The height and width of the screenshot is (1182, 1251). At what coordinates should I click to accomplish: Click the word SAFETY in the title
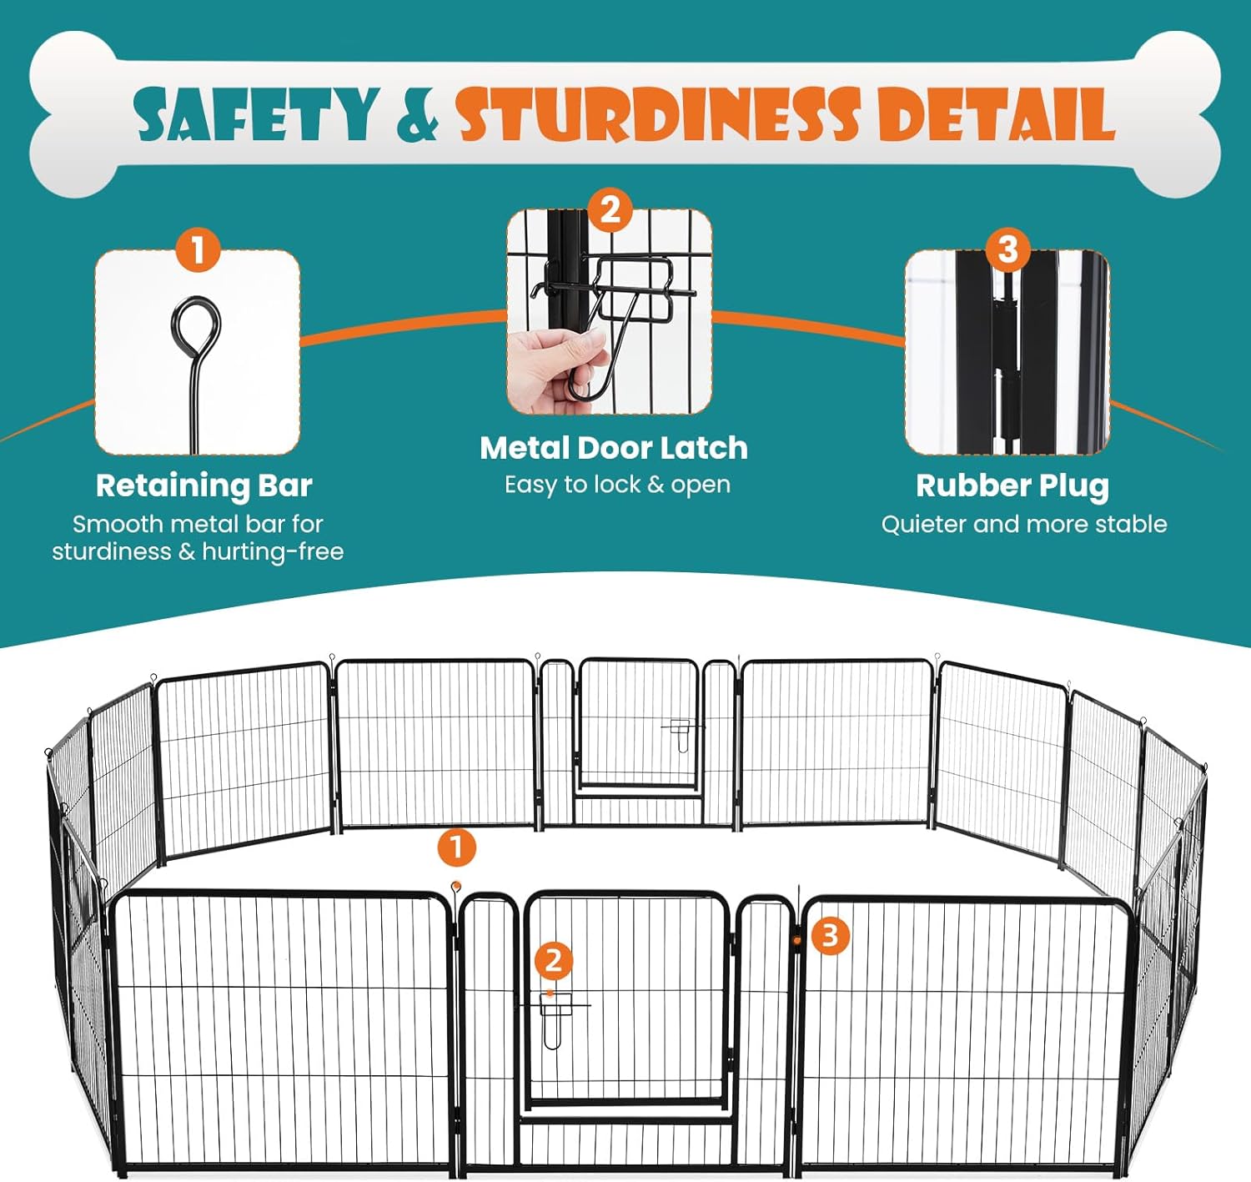tap(257, 113)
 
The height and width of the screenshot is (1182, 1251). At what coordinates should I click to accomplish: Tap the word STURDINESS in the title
tap(658, 113)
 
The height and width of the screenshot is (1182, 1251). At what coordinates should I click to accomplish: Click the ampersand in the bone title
tap(418, 114)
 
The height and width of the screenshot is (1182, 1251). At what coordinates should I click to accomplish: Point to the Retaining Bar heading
tap(204, 485)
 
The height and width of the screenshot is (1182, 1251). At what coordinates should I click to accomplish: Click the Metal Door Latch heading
tap(614, 448)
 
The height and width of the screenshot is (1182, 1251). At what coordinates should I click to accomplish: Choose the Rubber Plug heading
tap(1012, 485)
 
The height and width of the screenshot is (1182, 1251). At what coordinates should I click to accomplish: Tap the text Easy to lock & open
tap(617, 485)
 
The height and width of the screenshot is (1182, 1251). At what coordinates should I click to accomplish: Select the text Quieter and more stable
tap(1023, 524)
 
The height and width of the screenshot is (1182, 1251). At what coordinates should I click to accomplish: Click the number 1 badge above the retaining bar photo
tap(198, 250)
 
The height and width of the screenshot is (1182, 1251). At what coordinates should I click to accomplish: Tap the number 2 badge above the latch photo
tap(610, 210)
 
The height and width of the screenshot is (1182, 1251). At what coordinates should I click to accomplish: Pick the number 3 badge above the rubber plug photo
tap(1007, 249)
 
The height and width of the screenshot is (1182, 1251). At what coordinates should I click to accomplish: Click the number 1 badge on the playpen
tap(457, 848)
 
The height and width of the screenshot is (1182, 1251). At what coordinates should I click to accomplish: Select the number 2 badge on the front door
tap(554, 962)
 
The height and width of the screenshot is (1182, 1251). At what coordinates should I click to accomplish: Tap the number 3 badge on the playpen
tap(830, 936)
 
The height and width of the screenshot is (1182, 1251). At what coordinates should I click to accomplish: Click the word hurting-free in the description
tap(273, 552)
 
